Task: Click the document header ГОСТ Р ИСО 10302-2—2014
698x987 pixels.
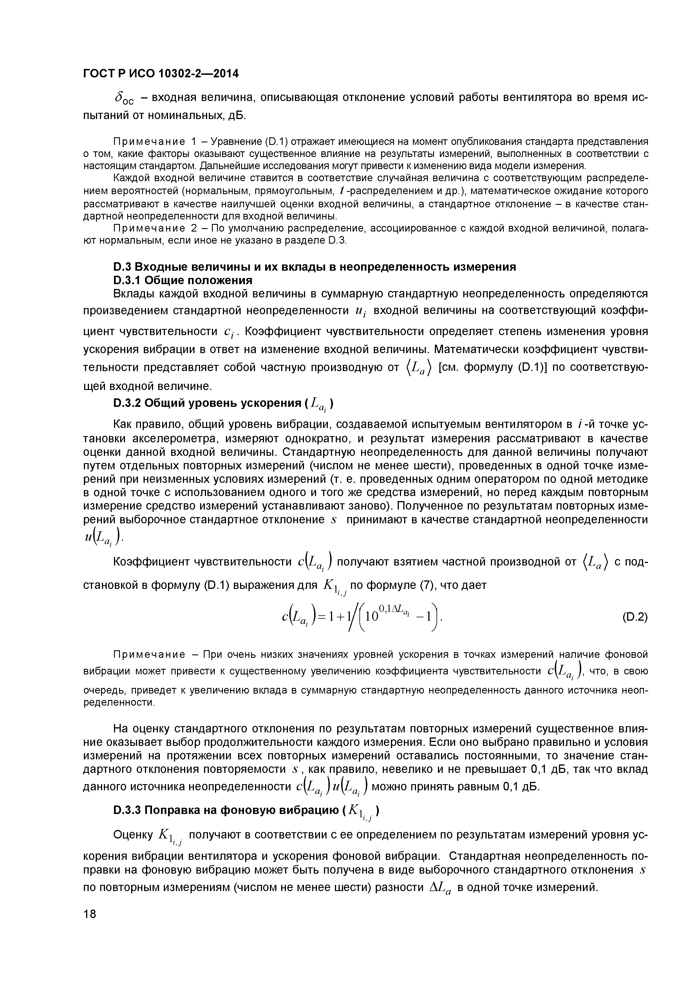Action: coord(160,74)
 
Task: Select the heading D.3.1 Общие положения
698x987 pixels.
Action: coord(182,280)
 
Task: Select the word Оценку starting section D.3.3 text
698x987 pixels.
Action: coord(133,835)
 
